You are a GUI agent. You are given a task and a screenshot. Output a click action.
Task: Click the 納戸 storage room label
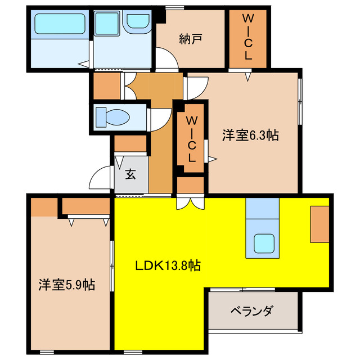pos(191,39)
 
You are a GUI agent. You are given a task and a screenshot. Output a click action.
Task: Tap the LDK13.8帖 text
pos(168,264)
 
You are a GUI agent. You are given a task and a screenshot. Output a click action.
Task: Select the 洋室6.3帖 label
pos(251,135)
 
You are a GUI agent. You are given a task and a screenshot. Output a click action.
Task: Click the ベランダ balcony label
pos(252,310)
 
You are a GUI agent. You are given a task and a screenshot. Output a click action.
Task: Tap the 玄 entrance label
pos(130,174)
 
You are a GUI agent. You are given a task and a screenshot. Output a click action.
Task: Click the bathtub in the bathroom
pos(60,25)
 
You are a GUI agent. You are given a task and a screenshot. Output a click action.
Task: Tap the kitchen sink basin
pos(263,243)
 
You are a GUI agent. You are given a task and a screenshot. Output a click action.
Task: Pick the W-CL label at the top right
pos(247,37)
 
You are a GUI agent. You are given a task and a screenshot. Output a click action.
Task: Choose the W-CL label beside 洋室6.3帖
pos(192,138)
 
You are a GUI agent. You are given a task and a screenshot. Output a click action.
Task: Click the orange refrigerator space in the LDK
pos(319,224)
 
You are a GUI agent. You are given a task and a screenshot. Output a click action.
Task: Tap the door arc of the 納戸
pos(166,59)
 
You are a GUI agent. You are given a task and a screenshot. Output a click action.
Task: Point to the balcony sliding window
pos(242,290)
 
